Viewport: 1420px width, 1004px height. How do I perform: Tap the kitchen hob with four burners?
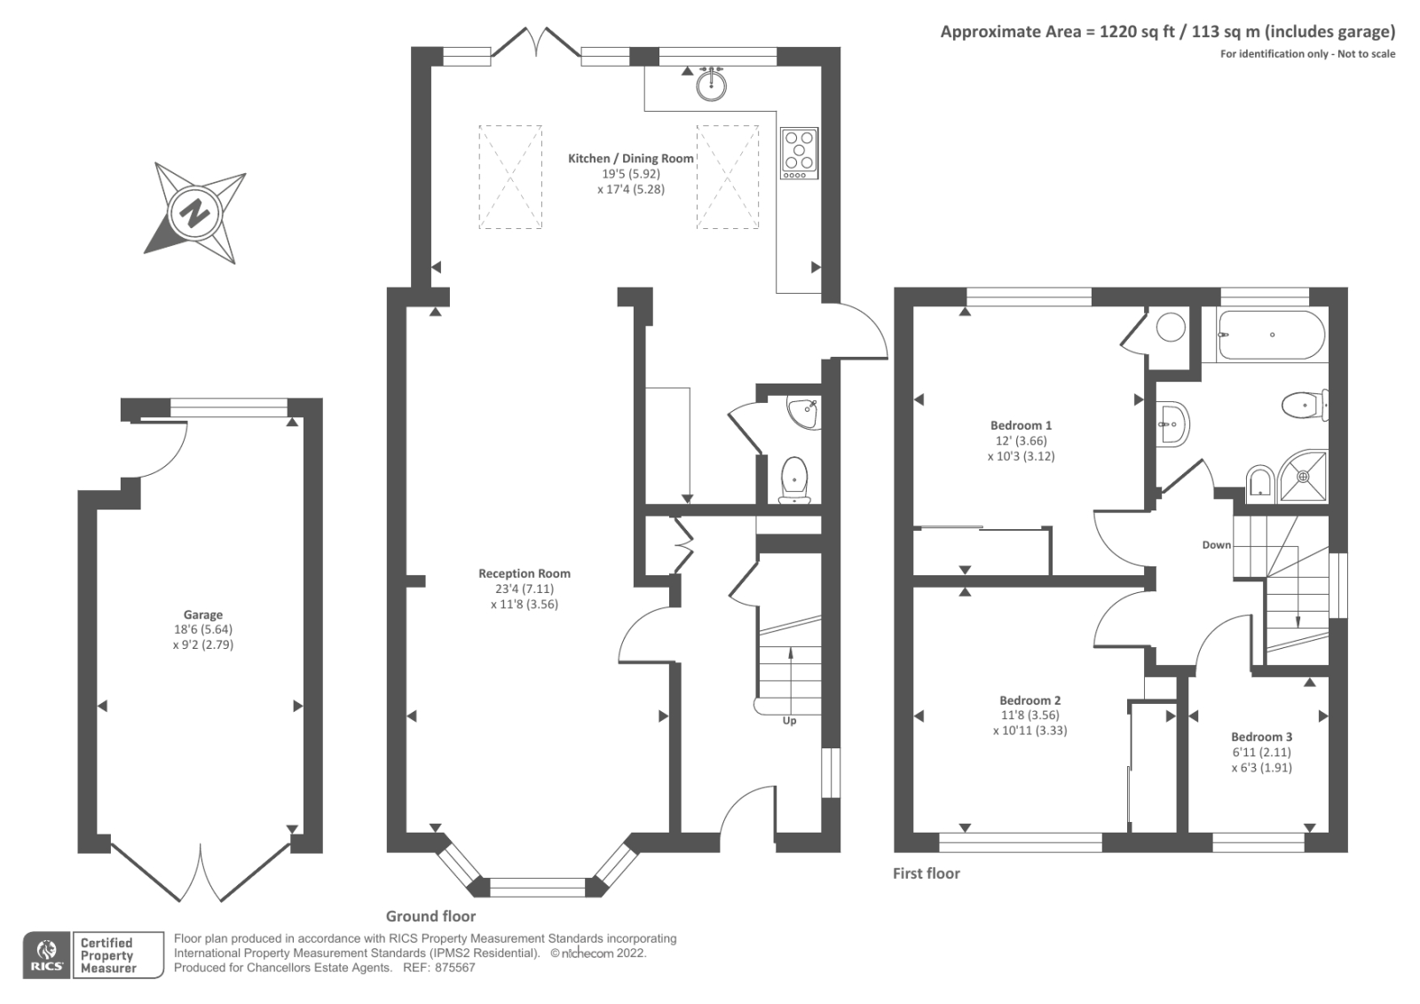pos(800,153)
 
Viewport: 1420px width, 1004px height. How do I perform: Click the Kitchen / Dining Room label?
pos(631,159)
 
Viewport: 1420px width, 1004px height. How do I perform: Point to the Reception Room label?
pos(525,573)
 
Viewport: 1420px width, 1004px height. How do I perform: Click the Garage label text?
pos(203,614)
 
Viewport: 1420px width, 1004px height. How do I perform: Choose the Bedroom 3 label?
pos(1261,737)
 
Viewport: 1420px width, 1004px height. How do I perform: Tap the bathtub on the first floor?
pos(1271,335)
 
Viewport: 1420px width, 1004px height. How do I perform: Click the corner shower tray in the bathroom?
pos(1303,477)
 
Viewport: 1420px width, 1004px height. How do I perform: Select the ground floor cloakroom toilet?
pos(794,479)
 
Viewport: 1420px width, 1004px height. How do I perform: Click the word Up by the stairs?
pos(789,721)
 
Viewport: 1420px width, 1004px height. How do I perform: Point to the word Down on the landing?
pos(1217,545)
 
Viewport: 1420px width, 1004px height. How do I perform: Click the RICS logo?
pos(47,955)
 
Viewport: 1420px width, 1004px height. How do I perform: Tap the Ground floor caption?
pos(431,916)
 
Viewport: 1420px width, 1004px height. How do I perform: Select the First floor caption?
pos(927,874)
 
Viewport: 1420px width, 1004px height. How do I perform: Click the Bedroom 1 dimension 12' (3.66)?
pos(1022,441)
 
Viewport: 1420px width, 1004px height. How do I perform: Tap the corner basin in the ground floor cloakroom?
pos(802,415)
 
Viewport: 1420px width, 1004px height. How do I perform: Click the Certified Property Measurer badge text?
pos(108,955)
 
